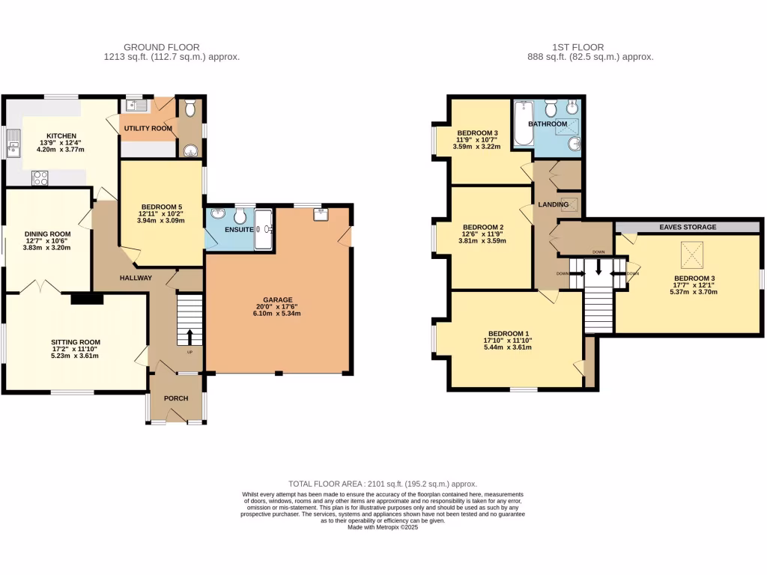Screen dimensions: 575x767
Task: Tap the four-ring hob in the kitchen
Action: (39, 178)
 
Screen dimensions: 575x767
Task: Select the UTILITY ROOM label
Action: (148, 128)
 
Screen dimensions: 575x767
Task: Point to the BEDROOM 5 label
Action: (161, 207)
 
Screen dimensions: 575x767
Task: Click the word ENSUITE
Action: (239, 229)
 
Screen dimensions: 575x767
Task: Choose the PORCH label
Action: (176, 398)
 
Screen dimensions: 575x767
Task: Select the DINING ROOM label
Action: (46, 233)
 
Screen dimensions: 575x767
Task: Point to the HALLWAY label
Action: (136, 278)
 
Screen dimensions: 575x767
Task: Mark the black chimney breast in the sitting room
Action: (87, 299)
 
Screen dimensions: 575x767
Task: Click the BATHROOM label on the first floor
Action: (548, 124)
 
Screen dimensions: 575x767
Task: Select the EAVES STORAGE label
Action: (688, 227)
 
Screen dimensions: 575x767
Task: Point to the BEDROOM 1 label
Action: (509, 333)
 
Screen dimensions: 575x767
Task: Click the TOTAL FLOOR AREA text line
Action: (383, 484)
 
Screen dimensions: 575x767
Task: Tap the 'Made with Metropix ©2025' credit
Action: (383, 527)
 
